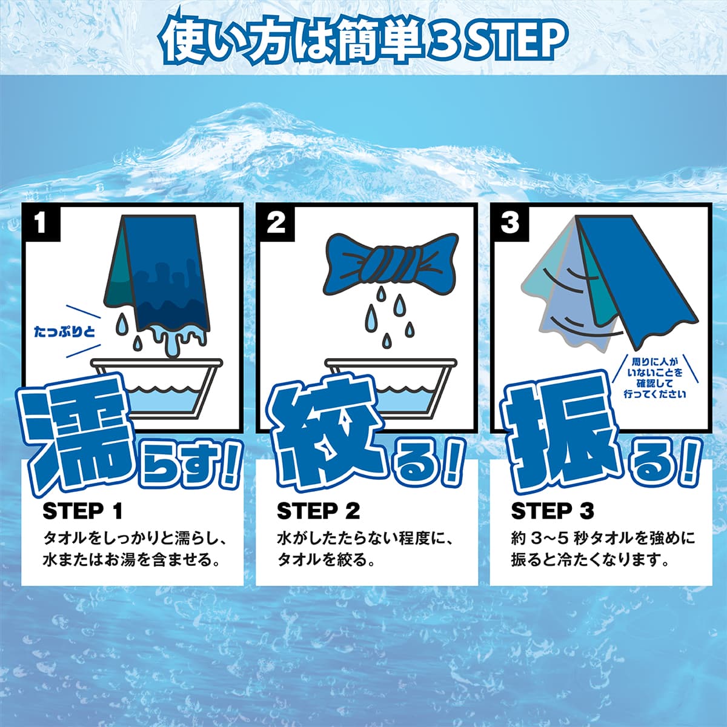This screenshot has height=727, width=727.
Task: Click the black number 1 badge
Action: pos(41,223)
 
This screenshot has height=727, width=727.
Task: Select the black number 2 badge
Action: pos(276,222)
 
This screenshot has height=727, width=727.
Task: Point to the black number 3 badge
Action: pos(510,222)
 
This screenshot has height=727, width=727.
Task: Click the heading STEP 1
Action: pos(82,511)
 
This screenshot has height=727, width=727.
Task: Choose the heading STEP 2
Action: pos(319,511)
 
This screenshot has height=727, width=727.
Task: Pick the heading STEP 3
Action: pos(553,511)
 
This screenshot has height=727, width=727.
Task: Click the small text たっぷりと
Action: pos(64,332)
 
